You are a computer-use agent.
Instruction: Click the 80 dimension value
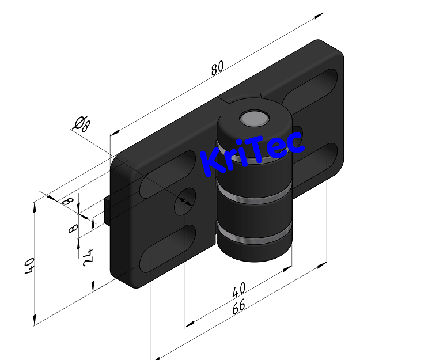coord(217,69)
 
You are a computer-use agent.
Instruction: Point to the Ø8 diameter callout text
coord(81,123)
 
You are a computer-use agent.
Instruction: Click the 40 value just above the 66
coord(238,287)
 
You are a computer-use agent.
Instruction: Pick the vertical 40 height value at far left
coord(30,267)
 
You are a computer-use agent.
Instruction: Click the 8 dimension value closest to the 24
coord(73,229)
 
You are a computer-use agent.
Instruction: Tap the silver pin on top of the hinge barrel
coord(254,119)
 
